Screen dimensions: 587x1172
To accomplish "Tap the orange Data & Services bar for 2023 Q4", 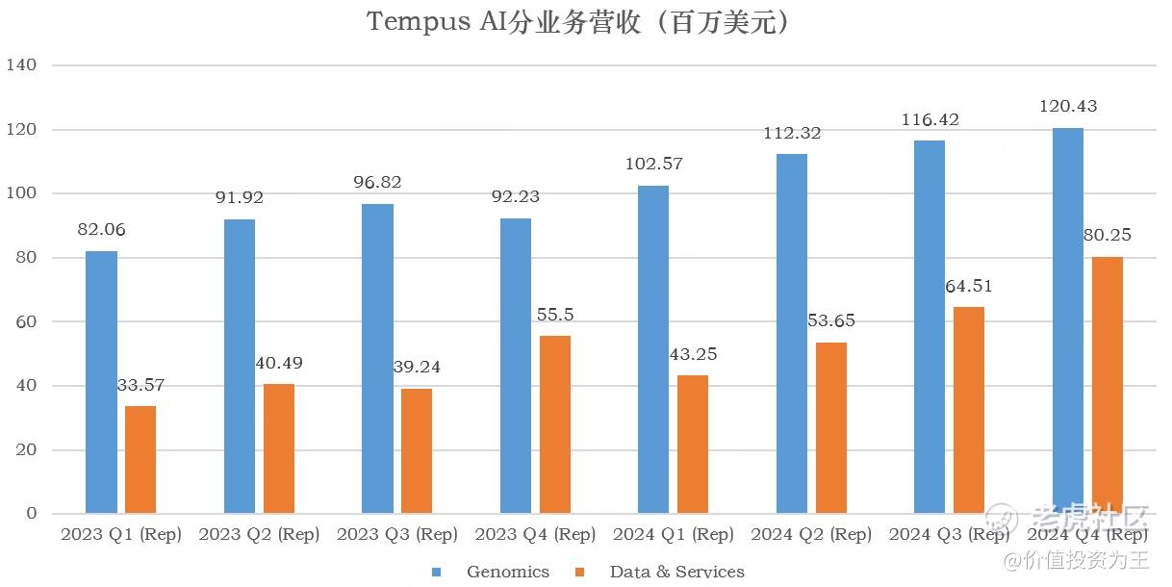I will coord(555,424).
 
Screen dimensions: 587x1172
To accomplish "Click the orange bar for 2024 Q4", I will coord(1108,385).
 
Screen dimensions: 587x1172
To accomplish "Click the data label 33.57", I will coord(140,385).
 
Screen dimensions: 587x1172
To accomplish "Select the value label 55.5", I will coord(554,315).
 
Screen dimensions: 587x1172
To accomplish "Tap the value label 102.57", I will coord(652,164).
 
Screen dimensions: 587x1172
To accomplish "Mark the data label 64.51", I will coord(969,286).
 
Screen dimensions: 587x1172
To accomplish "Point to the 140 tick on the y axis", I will coord(21,65).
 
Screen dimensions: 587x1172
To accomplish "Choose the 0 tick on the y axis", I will coord(31,514).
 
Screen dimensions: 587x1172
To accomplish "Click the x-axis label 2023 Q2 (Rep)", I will coord(259,535).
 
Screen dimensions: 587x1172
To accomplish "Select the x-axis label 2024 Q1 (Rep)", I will coord(673,535).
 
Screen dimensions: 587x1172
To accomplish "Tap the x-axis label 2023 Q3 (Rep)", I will coord(397,535).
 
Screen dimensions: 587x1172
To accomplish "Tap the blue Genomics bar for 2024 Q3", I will coord(930,327).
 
